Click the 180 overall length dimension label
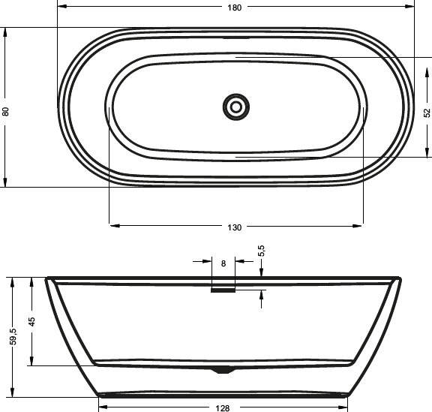[235, 7]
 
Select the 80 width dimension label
[6, 111]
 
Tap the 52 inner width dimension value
[426, 113]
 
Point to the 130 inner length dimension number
[236, 227]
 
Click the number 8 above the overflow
[223, 263]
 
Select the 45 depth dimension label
[31, 322]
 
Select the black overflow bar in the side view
[223, 291]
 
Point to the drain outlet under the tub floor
[223, 369]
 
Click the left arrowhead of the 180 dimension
[61, 7]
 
